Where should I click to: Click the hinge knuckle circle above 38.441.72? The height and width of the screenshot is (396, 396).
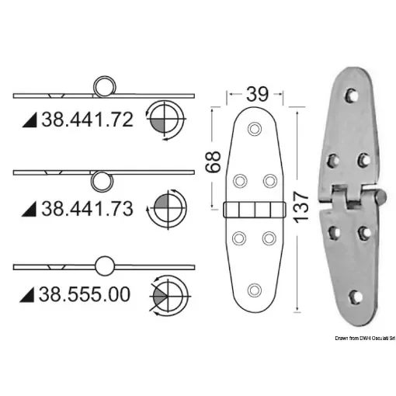coord(104,87)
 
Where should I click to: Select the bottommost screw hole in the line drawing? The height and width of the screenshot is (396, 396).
coord(254,290)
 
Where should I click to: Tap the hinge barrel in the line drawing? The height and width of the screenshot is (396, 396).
coord(254,209)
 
